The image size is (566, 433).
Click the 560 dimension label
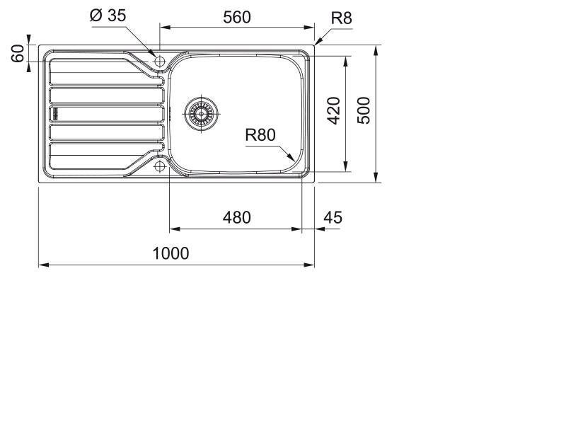click(x=237, y=17)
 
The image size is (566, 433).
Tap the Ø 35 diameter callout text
click(x=108, y=15)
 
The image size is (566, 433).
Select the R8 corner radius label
click(x=341, y=18)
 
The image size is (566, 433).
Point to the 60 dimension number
click(x=17, y=53)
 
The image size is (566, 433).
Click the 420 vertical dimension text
click(x=334, y=111)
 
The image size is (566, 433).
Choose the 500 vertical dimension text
click(x=364, y=110)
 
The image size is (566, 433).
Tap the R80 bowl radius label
click(x=260, y=135)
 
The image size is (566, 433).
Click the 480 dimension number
click(x=237, y=218)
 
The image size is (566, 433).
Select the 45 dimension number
click(x=333, y=218)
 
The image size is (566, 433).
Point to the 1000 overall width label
click(x=171, y=253)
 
